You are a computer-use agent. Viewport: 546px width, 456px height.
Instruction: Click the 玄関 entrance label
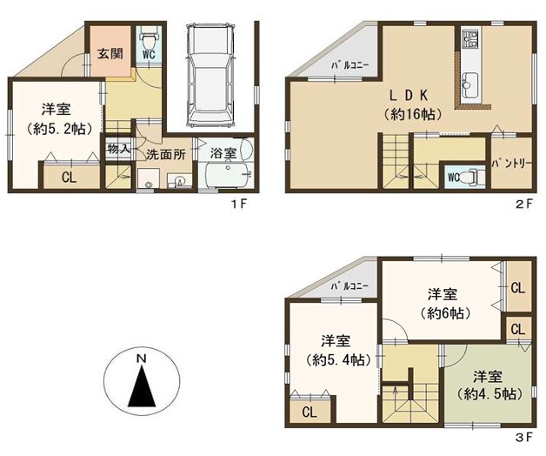pyautogui.click(x=110, y=53)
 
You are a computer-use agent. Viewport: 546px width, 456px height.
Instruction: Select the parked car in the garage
pyautogui.click(x=210, y=76)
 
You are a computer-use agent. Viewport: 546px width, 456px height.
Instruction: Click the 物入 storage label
pyautogui.click(x=118, y=149)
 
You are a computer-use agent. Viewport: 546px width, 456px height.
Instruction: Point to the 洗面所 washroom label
pyautogui.click(x=165, y=154)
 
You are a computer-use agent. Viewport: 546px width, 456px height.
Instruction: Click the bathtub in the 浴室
pyautogui.click(x=226, y=176)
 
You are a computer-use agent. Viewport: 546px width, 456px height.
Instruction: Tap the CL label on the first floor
pyautogui.click(x=69, y=178)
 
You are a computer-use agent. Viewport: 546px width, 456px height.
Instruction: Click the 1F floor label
pyautogui.click(x=240, y=204)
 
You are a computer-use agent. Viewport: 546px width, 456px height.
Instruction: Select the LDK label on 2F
pyautogui.click(x=409, y=95)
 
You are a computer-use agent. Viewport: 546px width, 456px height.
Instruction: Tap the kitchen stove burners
pyautogui.click(x=469, y=38)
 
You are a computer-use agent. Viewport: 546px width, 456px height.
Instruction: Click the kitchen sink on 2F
pyautogui.click(x=469, y=84)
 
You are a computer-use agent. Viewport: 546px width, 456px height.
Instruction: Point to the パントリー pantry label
pyautogui.click(x=511, y=164)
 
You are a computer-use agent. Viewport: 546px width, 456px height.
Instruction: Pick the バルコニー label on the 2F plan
pyautogui.click(x=350, y=66)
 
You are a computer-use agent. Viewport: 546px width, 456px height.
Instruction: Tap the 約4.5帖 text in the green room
pyautogui.click(x=489, y=394)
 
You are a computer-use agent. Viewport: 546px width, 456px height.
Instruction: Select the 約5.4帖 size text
pyautogui.click(x=337, y=359)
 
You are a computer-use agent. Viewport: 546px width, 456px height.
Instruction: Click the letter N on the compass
pyautogui.click(x=141, y=359)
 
